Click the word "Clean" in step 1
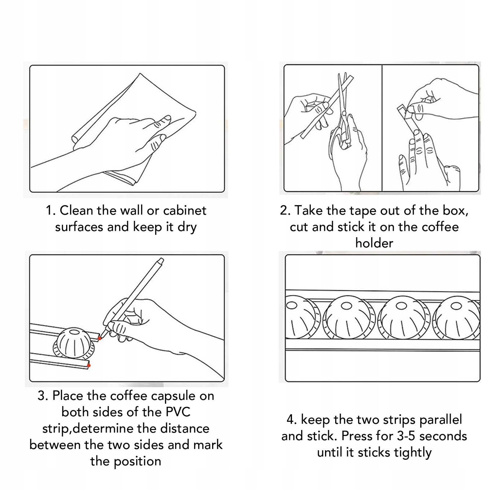[x=77, y=211]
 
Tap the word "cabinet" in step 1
[x=185, y=211]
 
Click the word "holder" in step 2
[x=374, y=243]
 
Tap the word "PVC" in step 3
[x=178, y=412]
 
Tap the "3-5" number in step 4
[x=406, y=436]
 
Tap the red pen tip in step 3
[x=100, y=338]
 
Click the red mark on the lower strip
[x=89, y=365]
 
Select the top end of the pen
[x=161, y=260]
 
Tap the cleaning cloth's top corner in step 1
[x=140, y=73]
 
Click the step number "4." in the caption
[x=291, y=420]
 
